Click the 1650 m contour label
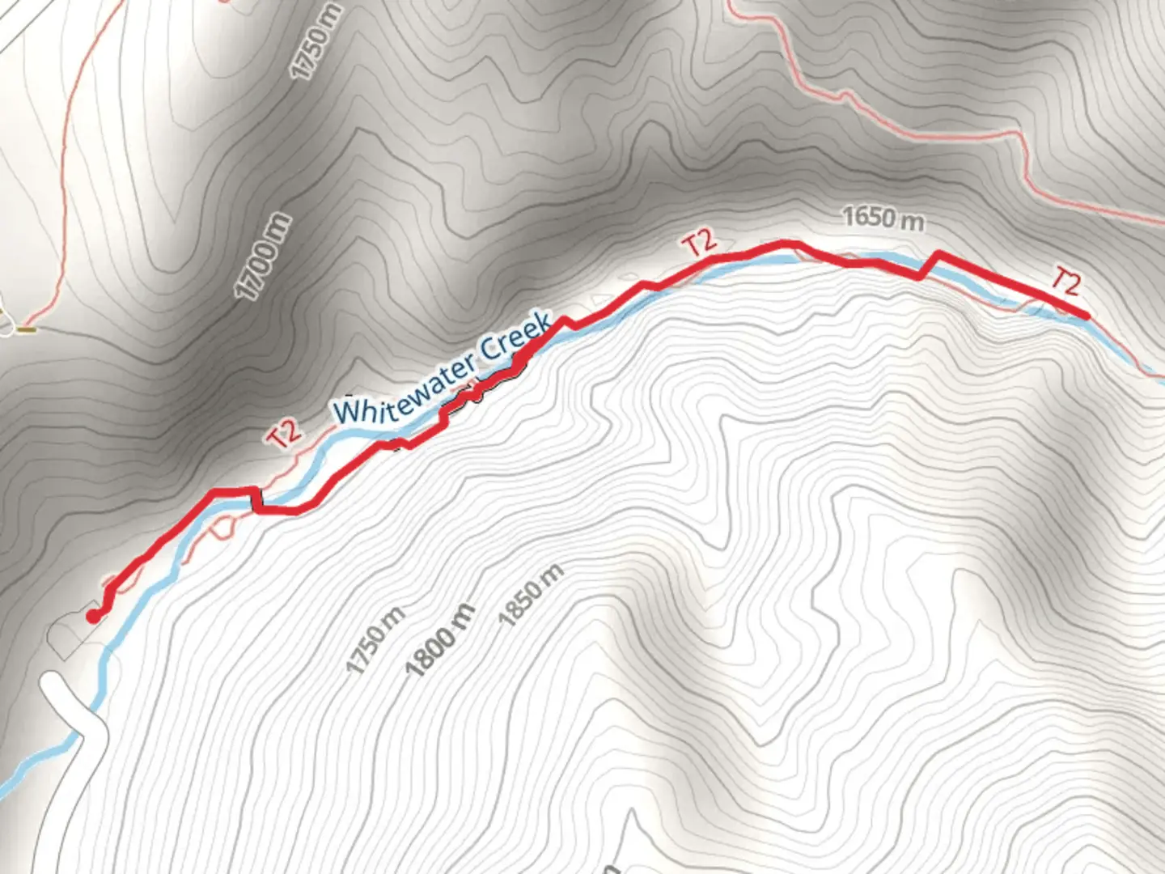(883, 218)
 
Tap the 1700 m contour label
(263, 257)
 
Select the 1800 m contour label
(441, 642)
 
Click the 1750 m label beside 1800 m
(375, 640)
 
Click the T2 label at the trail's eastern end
(1065, 282)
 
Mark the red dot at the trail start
(94, 617)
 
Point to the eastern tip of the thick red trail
(1084, 315)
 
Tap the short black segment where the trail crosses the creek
(256, 499)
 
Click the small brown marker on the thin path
(27, 329)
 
